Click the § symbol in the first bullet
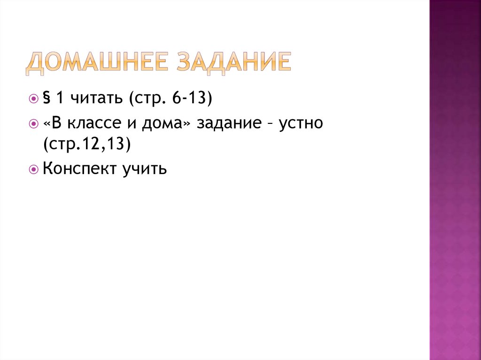tap(47, 99)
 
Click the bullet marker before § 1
tap(33, 100)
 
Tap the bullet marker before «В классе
tap(33, 124)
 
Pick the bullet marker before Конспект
tap(33, 169)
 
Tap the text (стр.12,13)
tap(86, 145)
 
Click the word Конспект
tap(76, 169)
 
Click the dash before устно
tap(270, 125)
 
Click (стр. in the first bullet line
tap(143, 99)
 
